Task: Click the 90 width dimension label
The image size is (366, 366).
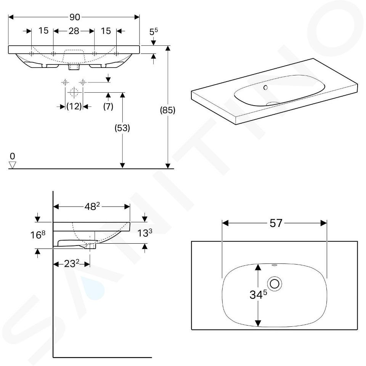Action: click(x=75, y=17)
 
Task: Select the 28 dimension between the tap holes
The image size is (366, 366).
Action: click(x=74, y=31)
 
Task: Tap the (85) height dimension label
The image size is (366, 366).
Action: click(x=168, y=110)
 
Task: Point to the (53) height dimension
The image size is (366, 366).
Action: click(x=122, y=128)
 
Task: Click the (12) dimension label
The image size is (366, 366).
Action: click(x=74, y=106)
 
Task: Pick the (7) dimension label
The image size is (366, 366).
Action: click(x=108, y=106)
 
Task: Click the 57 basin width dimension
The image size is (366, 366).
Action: click(x=276, y=223)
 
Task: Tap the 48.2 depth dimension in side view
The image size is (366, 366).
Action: click(x=92, y=206)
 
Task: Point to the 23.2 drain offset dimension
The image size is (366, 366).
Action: click(x=72, y=264)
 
